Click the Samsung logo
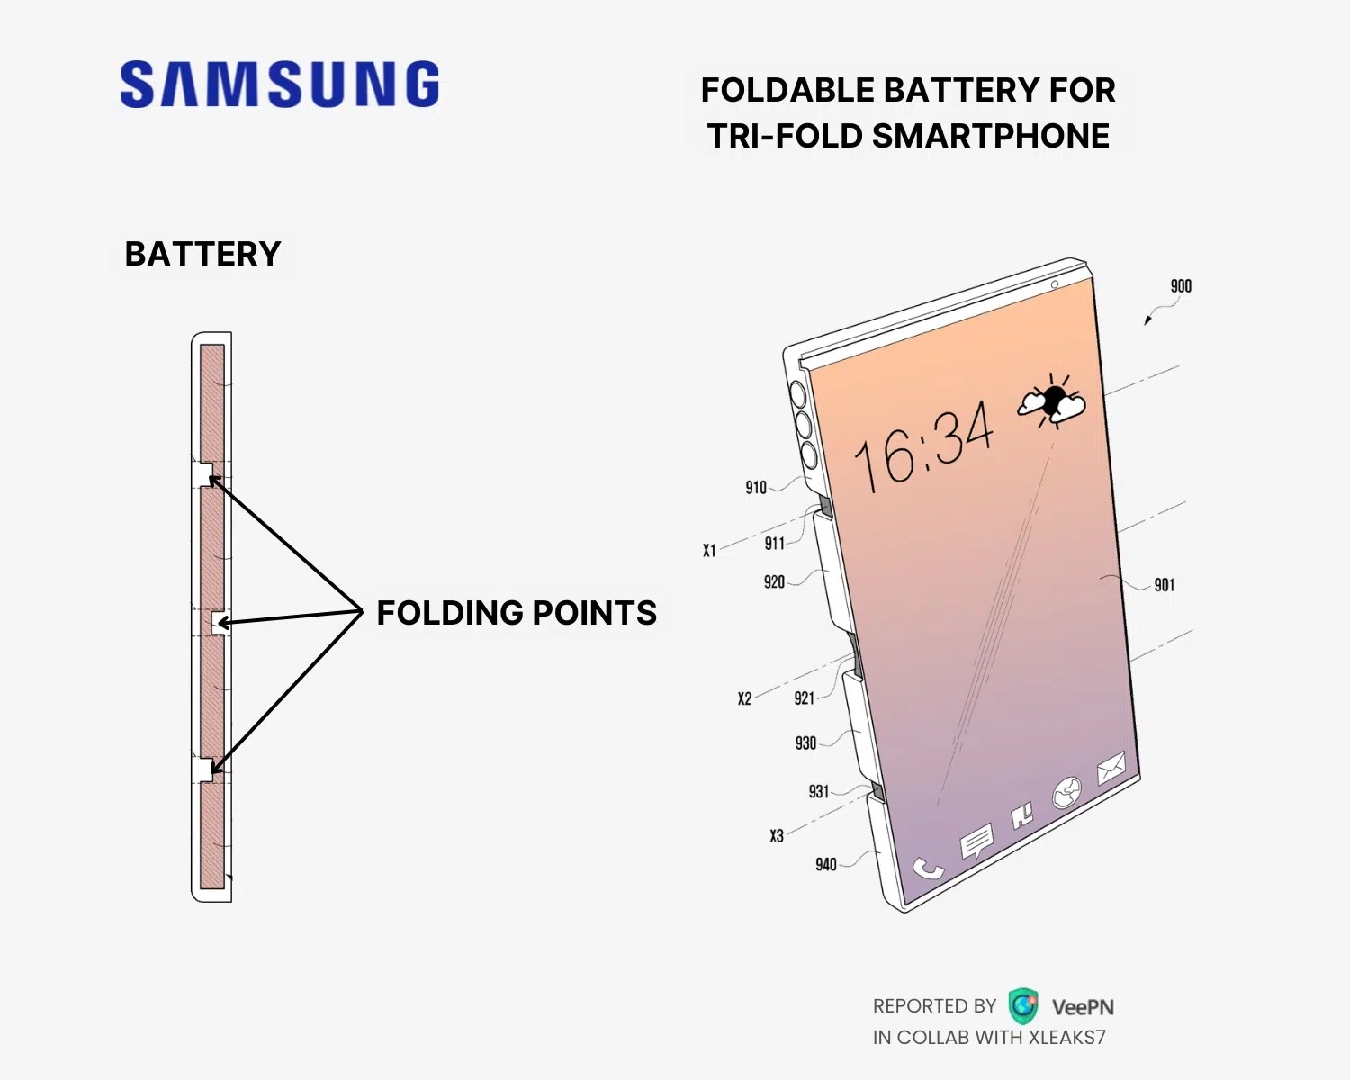pyautogui.click(x=279, y=84)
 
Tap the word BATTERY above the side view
pyautogui.click(x=202, y=254)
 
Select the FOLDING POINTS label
pyautogui.click(x=517, y=613)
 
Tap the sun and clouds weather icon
pyautogui.click(x=1052, y=401)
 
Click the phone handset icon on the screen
pyautogui.click(x=928, y=868)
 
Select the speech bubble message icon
pyautogui.click(x=976, y=839)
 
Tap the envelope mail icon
pyautogui.click(x=1111, y=768)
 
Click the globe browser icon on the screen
pyautogui.click(x=1066, y=793)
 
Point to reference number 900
pyautogui.click(x=1181, y=286)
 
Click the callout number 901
pyautogui.click(x=1165, y=585)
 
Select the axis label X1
pyautogui.click(x=709, y=551)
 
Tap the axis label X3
pyautogui.click(x=777, y=836)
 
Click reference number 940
pyautogui.click(x=825, y=865)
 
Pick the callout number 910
pyautogui.click(x=756, y=488)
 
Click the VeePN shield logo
pyautogui.click(x=1023, y=1006)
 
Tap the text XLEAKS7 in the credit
pyautogui.click(x=1067, y=1038)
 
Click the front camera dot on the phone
pyautogui.click(x=1055, y=285)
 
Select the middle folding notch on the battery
pyautogui.click(x=220, y=623)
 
